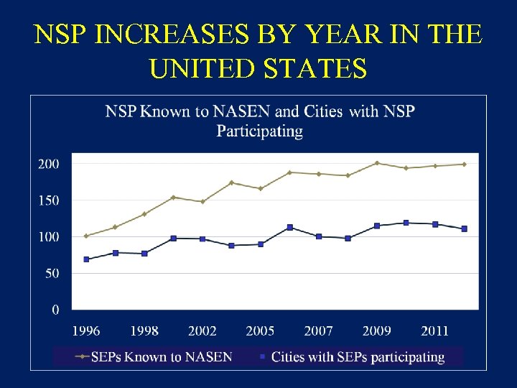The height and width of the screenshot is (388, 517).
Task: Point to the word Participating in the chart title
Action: click(x=259, y=131)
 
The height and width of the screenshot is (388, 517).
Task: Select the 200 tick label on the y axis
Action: click(x=48, y=164)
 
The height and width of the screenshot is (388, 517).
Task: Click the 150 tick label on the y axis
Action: click(x=48, y=200)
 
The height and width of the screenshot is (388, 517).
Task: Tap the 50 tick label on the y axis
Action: click(x=51, y=274)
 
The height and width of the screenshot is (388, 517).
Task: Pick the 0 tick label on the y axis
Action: click(x=55, y=310)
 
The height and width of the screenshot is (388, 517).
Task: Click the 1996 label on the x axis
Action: click(x=86, y=331)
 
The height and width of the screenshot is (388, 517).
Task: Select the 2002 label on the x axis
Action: click(x=202, y=331)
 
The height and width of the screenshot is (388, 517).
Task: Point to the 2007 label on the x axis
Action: click(x=318, y=331)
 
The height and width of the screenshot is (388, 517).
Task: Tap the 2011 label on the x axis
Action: click(x=434, y=331)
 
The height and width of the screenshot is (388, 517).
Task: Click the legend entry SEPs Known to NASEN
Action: click(x=154, y=357)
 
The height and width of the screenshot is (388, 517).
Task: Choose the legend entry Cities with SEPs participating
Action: click(x=351, y=357)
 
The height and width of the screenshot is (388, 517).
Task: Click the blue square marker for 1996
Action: click(x=86, y=259)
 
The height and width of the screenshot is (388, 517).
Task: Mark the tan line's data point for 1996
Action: click(x=86, y=236)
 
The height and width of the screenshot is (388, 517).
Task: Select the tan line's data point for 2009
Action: click(x=376, y=163)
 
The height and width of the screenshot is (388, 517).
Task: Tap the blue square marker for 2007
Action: click(x=318, y=236)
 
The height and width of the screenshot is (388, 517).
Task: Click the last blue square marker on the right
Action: click(x=464, y=228)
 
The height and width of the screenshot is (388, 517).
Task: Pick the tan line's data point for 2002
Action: click(x=202, y=202)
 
